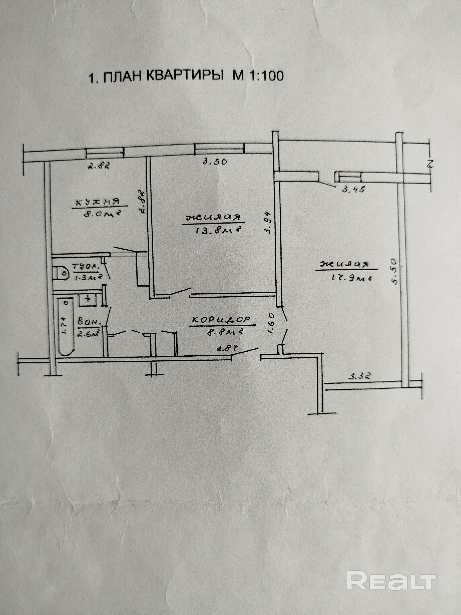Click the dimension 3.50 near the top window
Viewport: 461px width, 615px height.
point(215,162)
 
